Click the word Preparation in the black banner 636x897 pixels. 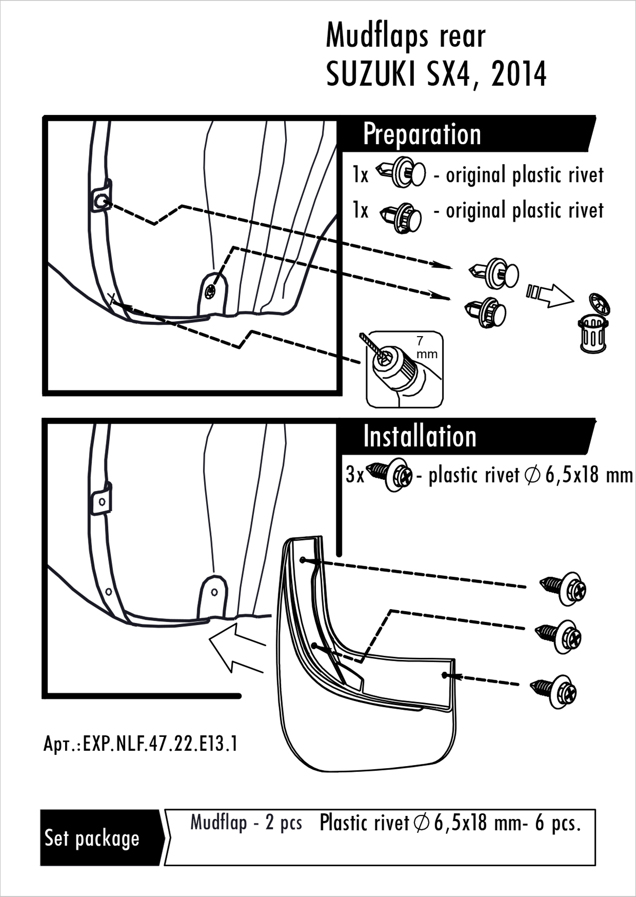coord(422,135)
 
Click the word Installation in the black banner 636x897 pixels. coord(420,436)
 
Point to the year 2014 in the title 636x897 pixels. coord(518,75)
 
